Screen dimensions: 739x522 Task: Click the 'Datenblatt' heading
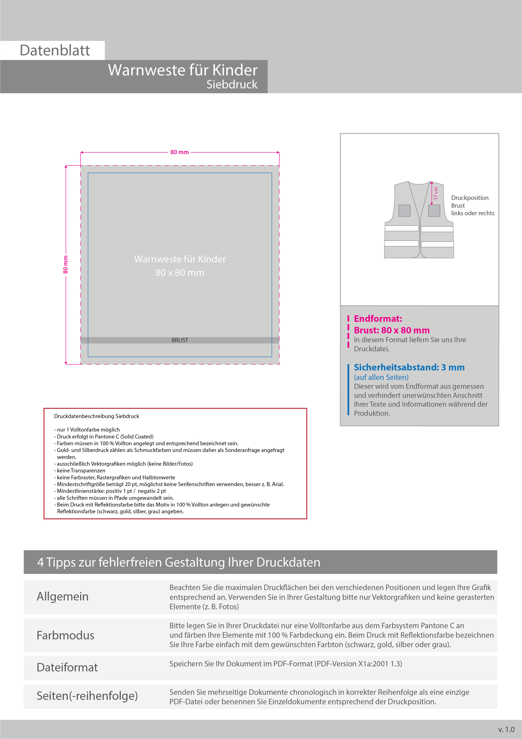pos(55,51)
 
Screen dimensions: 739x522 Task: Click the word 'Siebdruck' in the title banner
pos(232,84)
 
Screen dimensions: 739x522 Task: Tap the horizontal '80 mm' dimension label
pos(179,152)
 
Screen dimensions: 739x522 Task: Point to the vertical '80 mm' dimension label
pos(66,264)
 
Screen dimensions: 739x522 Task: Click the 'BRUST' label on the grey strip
pos(180,340)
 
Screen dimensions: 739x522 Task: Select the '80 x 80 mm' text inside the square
pos(180,273)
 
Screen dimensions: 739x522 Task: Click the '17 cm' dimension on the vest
pos(436,193)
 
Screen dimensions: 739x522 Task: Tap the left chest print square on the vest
pos(404,211)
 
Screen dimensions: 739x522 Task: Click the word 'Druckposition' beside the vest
pos(470,198)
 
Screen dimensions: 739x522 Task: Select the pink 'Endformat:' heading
pos(378,319)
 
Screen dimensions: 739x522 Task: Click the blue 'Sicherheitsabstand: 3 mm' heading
pos(409,367)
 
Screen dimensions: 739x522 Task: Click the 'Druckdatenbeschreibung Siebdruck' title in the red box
pos(96,416)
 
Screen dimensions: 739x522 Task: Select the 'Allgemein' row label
pos(63,596)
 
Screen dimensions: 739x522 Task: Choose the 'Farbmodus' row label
pos(66,635)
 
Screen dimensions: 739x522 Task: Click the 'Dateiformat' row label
pos(67,667)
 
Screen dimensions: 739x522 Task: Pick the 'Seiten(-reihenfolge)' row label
pos(87,696)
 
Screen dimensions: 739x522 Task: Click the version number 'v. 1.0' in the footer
pos(506,729)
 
